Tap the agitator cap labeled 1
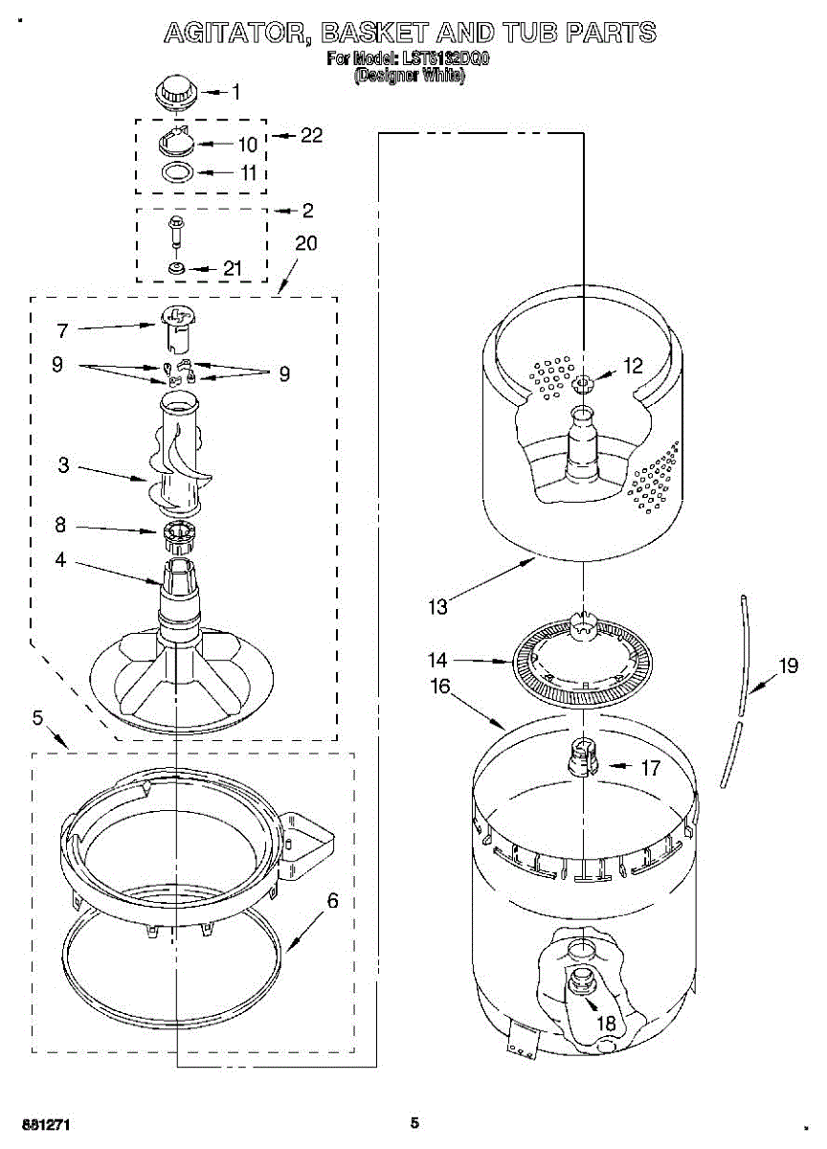[x=173, y=93]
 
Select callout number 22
[x=311, y=135]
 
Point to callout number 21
[x=232, y=269]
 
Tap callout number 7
[x=62, y=331]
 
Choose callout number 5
[x=37, y=718]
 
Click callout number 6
[x=332, y=901]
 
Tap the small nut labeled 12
[x=583, y=385]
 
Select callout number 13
[x=438, y=606]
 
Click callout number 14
[x=438, y=660]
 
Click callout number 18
[x=607, y=1023]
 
